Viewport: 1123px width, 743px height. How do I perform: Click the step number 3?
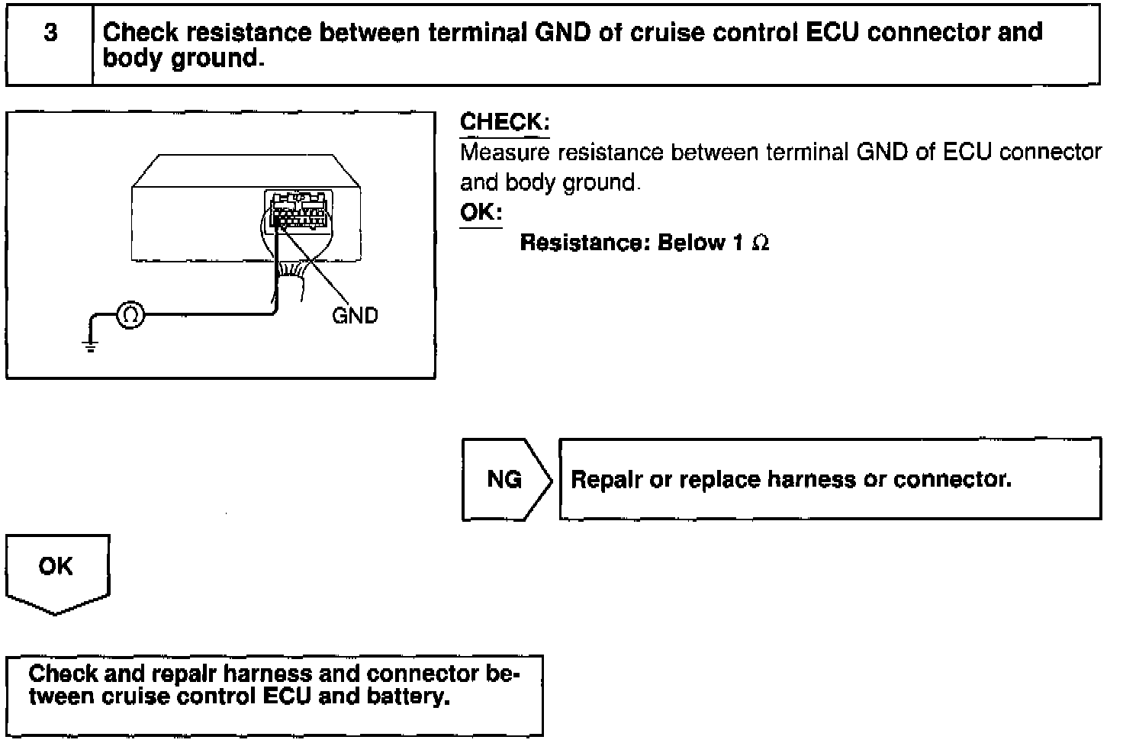(50, 34)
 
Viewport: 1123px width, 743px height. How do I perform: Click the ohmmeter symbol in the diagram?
(130, 314)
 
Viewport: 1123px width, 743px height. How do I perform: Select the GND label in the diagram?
(355, 315)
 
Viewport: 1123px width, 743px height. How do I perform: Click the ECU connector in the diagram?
(298, 211)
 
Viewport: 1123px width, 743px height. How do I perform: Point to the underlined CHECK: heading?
(504, 123)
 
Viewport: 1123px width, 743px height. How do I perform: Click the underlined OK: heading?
(481, 212)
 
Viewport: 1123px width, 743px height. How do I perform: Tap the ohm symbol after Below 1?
(760, 243)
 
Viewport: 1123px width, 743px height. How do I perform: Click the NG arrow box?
(504, 479)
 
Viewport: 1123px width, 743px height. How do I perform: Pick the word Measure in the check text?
(504, 153)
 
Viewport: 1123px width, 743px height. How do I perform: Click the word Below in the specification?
(691, 243)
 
